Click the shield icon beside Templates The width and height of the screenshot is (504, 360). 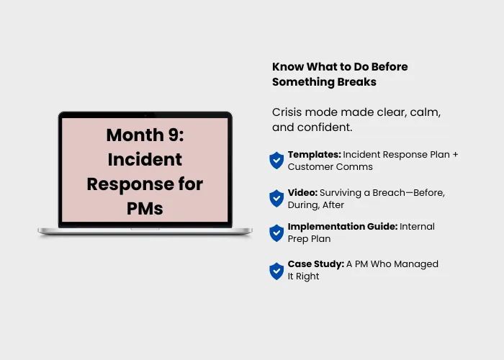[x=276, y=161]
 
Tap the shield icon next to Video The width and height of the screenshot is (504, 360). [x=276, y=198]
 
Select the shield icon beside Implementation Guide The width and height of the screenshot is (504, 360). [x=276, y=233]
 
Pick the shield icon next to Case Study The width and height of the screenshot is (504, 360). [x=276, y=271]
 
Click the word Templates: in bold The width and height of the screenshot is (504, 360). [x=315, y=155]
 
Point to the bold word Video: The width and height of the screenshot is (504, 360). [x=302, y=192]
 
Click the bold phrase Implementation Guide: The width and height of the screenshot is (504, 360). [x=343, y=227]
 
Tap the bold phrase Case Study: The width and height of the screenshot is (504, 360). [x=316, y=264]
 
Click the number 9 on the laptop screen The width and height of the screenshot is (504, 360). [x=174, y=135]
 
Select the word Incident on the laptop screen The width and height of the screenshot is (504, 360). [x=145, y=159]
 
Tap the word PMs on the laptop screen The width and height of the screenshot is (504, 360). [x=145, y=209]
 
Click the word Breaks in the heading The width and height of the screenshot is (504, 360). [x=356, y=82]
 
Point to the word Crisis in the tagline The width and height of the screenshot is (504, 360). [x=287, y=112]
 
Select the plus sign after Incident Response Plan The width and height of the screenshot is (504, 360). [x=455, y=155]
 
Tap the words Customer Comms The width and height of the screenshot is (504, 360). [x=330, y=167]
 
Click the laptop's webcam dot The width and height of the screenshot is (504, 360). [x=145, y=114]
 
